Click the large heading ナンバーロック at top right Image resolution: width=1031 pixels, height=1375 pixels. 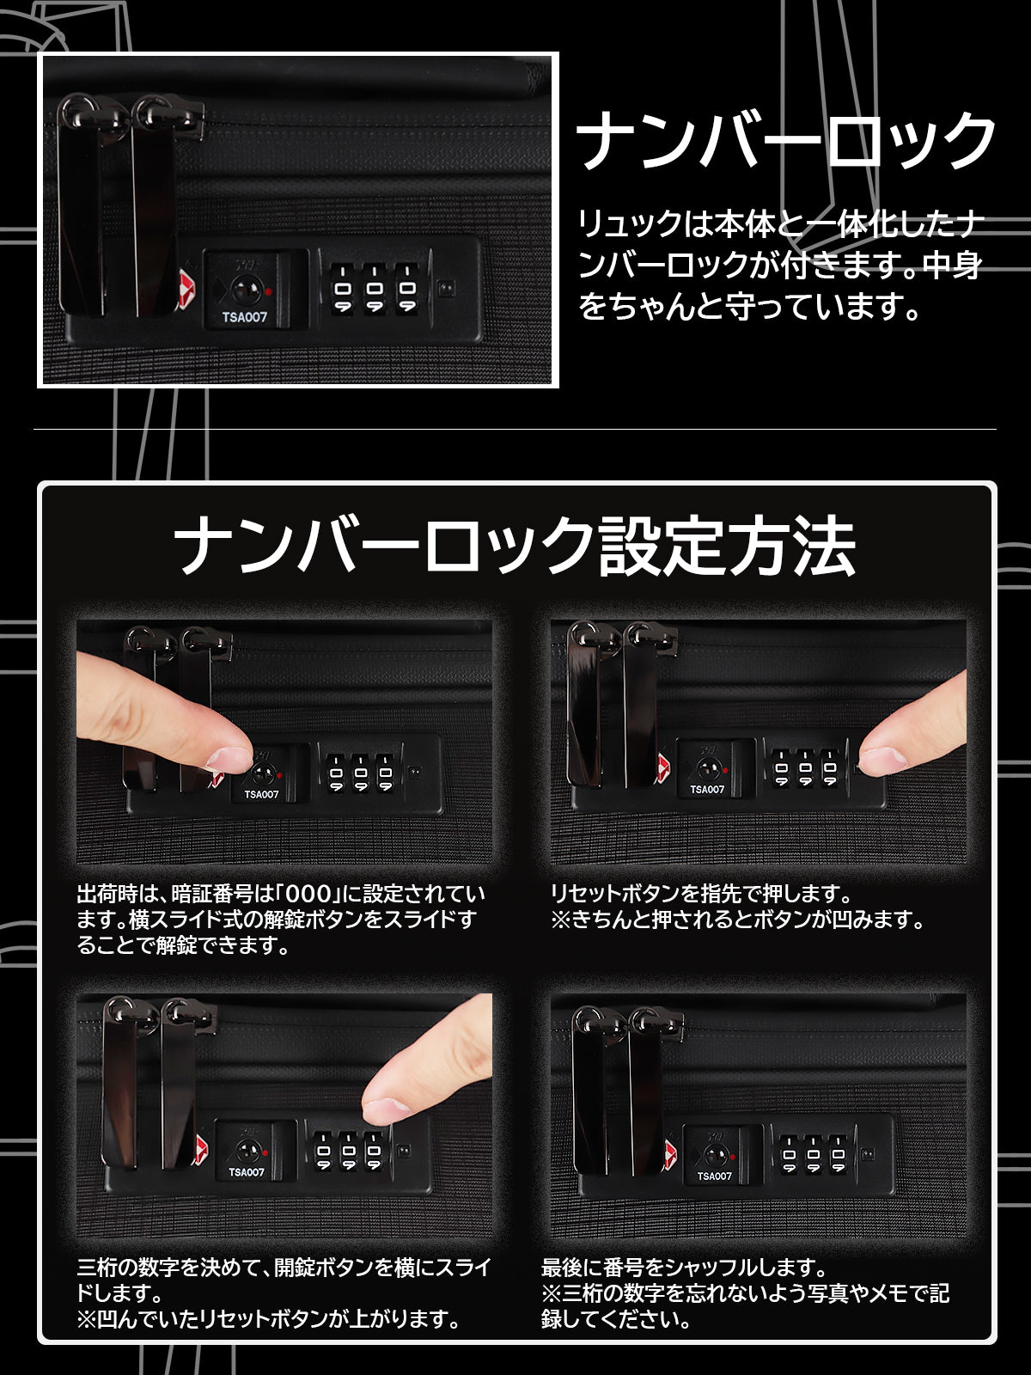[785, 140]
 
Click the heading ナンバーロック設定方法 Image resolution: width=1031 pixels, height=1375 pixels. [515, 545]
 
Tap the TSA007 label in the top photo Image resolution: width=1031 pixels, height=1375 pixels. [244, 317]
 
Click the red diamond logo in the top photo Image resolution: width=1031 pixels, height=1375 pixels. [186, 289]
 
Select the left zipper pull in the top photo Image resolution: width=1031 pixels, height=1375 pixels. [82, 207]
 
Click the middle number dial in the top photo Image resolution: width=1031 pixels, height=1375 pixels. [375, 288]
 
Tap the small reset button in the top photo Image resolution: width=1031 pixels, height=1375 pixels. [446, 288]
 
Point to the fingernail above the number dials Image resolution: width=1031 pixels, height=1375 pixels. [386, 1109]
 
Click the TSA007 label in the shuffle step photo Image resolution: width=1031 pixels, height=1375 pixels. [714, 1176]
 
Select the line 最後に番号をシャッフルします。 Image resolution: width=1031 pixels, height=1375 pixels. [684, 1268]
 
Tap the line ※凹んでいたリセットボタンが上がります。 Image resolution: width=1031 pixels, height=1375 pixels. [269, 1320]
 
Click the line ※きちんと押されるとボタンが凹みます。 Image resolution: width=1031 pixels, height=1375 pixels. [738, 920]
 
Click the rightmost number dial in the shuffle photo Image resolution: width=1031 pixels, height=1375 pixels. [839, 1154]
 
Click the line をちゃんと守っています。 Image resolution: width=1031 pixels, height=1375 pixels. [748, 307]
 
